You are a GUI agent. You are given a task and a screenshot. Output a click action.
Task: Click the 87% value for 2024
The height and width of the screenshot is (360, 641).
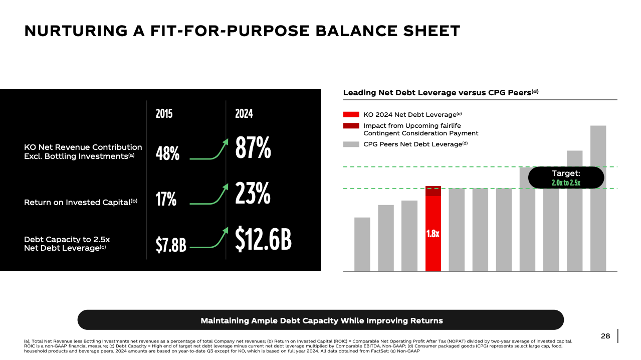pyautogui.click(x=253, y=148)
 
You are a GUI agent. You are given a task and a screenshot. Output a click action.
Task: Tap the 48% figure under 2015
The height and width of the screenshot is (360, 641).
pyautogui.click(x=167, y=153)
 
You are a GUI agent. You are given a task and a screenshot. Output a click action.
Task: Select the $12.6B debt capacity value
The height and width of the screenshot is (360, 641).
pyautogui.click(x=263, y=239)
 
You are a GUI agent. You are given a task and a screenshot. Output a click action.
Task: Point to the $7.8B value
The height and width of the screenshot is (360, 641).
pyautogui.click(x=171, y=245)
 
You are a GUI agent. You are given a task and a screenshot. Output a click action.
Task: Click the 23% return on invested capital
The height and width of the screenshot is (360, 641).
pyautogui.click(x=253, y=193)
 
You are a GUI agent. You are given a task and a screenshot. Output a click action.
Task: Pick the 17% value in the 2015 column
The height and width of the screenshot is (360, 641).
pyautogui.click(x=166, y=199)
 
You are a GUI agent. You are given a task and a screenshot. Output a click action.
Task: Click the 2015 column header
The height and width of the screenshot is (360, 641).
pyautogui.click(x=164, y=114)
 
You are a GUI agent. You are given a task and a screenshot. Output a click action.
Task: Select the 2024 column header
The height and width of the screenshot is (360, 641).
pyautogui.click(x=244, y=114)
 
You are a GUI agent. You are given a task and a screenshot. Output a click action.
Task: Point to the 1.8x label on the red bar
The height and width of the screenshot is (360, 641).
pyautogui.click(x=433, y=234)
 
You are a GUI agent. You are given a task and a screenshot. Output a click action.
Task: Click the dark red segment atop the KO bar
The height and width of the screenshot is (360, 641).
pyautogui.click(x=433, y=191)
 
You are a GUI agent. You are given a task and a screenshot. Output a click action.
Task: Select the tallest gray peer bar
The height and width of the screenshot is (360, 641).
pyautogui.click(x=598, y=198)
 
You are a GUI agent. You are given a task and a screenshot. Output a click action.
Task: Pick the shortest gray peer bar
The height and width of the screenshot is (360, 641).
pyautogui.click(x=362, y=244)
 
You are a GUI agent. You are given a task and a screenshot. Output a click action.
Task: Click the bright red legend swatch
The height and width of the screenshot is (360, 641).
pyautogui.click(x=351, y=114)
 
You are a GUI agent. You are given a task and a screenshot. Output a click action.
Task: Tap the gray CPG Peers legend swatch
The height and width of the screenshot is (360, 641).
pyautogui.click(x=351, y=144)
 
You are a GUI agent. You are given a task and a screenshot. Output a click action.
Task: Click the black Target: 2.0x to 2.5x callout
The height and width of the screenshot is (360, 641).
pyautogui.click(x=566, y=177)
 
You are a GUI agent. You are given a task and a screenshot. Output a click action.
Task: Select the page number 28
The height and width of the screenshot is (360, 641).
pyautogui.click(x=605, y=336)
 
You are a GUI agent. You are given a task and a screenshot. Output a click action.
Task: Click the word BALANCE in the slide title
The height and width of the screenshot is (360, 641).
pyautogui.click(x=356, y=31)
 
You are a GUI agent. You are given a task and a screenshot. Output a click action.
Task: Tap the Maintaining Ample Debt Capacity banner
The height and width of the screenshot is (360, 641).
pyautogui.click(x=321, y=320)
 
